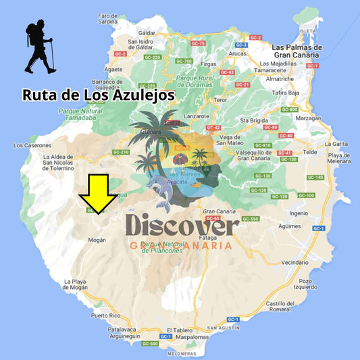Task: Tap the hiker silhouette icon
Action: tap(39, 47)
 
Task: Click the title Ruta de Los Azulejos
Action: tap(99, 95)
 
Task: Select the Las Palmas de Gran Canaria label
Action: tap(297, 51)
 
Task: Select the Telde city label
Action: tap(311, 153)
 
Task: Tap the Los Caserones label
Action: tap(32, 145)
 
